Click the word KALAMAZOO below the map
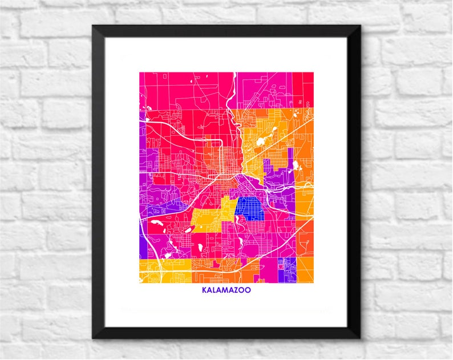[226, 290]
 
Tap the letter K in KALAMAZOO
[204, 290]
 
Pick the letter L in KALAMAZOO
[214, 290]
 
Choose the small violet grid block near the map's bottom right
[287, 265]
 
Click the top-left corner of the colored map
[140, 72]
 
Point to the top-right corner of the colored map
[313, 72]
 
